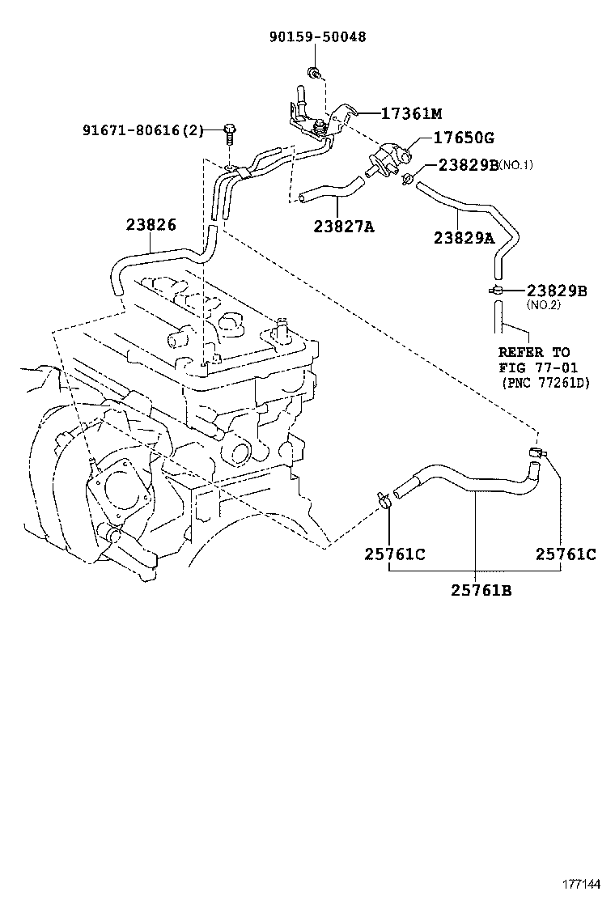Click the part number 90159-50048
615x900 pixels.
click(x=317, y=37)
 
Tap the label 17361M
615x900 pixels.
click(x=411, y=113)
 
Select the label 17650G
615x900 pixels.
click(x=463, y=138)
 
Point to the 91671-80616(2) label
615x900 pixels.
click(x=143, y=130)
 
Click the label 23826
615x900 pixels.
click(x=151, y=224)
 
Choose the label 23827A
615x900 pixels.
click(x=344, y=227)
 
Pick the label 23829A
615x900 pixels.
click(x=464, y=237)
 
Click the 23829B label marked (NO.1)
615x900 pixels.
click(x=469, y=165)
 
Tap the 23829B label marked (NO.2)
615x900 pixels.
click(x=557, y=291)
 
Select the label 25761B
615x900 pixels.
click(x=481, y=589)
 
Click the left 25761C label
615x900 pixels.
click(x=395, y=554)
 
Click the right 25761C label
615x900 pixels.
click(x=566, y=554)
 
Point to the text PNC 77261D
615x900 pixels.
click(x=546, y=383)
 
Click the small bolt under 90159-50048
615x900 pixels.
click(x=314, y=73)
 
